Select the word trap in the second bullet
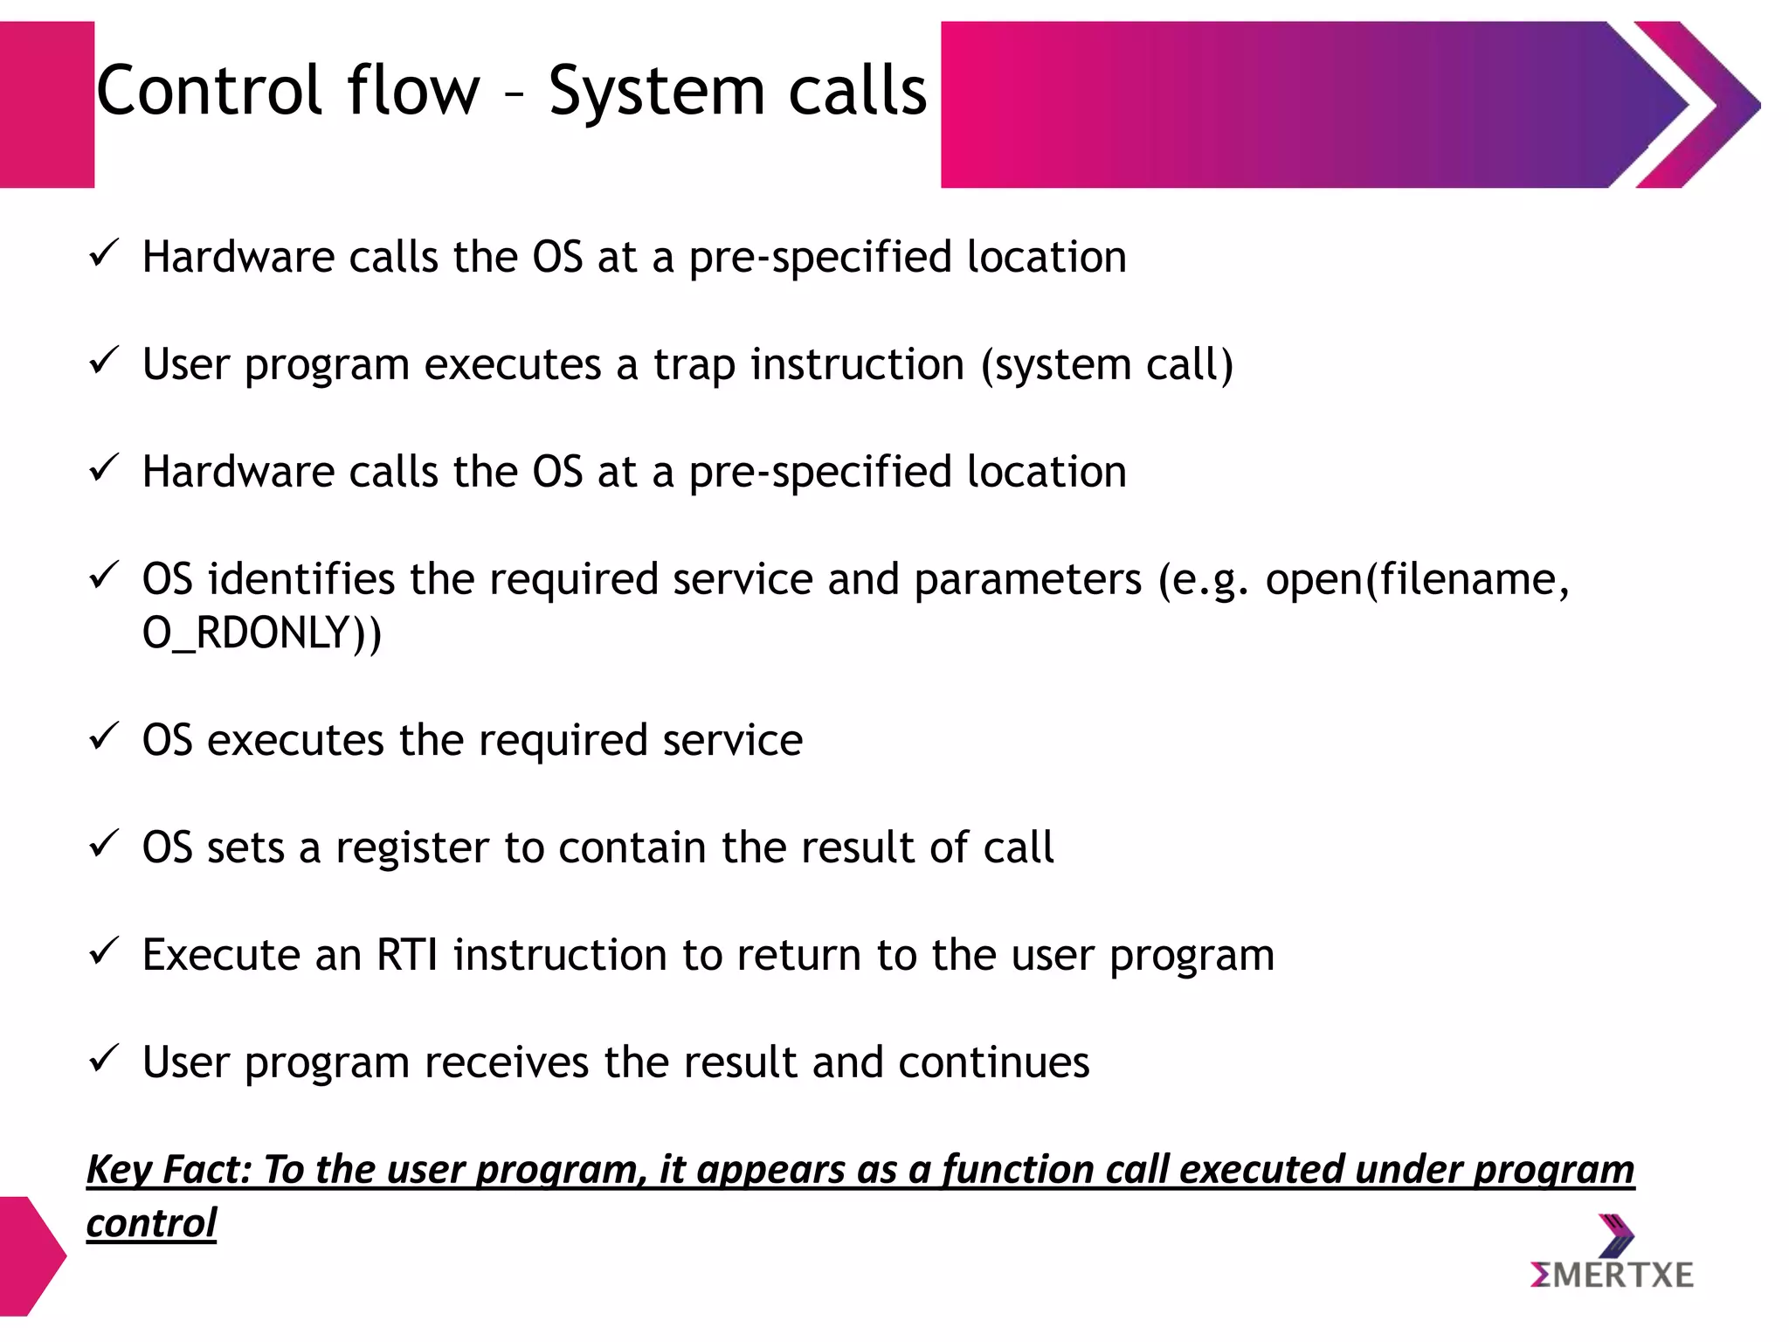point(694,365)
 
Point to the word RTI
point(407,955)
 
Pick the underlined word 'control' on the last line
point(151,1223)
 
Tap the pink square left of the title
point(45,105)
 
